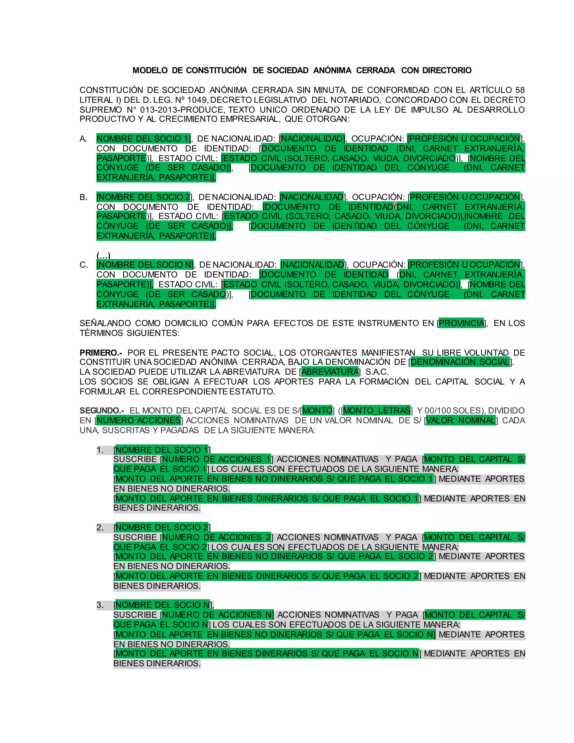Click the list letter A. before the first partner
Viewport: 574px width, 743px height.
click(83, 139)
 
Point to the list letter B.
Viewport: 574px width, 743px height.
click(83, 197)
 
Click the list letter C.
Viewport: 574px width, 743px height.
click(84, 265)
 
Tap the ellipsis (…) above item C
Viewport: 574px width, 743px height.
click(103, 255)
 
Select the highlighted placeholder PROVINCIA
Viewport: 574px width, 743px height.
click(461, 323)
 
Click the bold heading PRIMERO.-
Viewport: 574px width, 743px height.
click(101, 353)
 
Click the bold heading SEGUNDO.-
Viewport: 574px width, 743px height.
click(102, 411)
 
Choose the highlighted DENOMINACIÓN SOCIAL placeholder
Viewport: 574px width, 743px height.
click(460, 362)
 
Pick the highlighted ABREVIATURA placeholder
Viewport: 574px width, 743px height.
click(330, 372)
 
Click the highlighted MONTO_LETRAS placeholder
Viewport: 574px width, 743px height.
click(377, 411)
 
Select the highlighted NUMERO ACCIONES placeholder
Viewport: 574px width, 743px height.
click(139, 421)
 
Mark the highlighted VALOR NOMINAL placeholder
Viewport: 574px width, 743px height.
click(460, 421)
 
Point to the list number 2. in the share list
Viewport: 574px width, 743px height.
click(100, 528)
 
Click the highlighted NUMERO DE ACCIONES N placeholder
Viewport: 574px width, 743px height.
click(217, 615)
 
